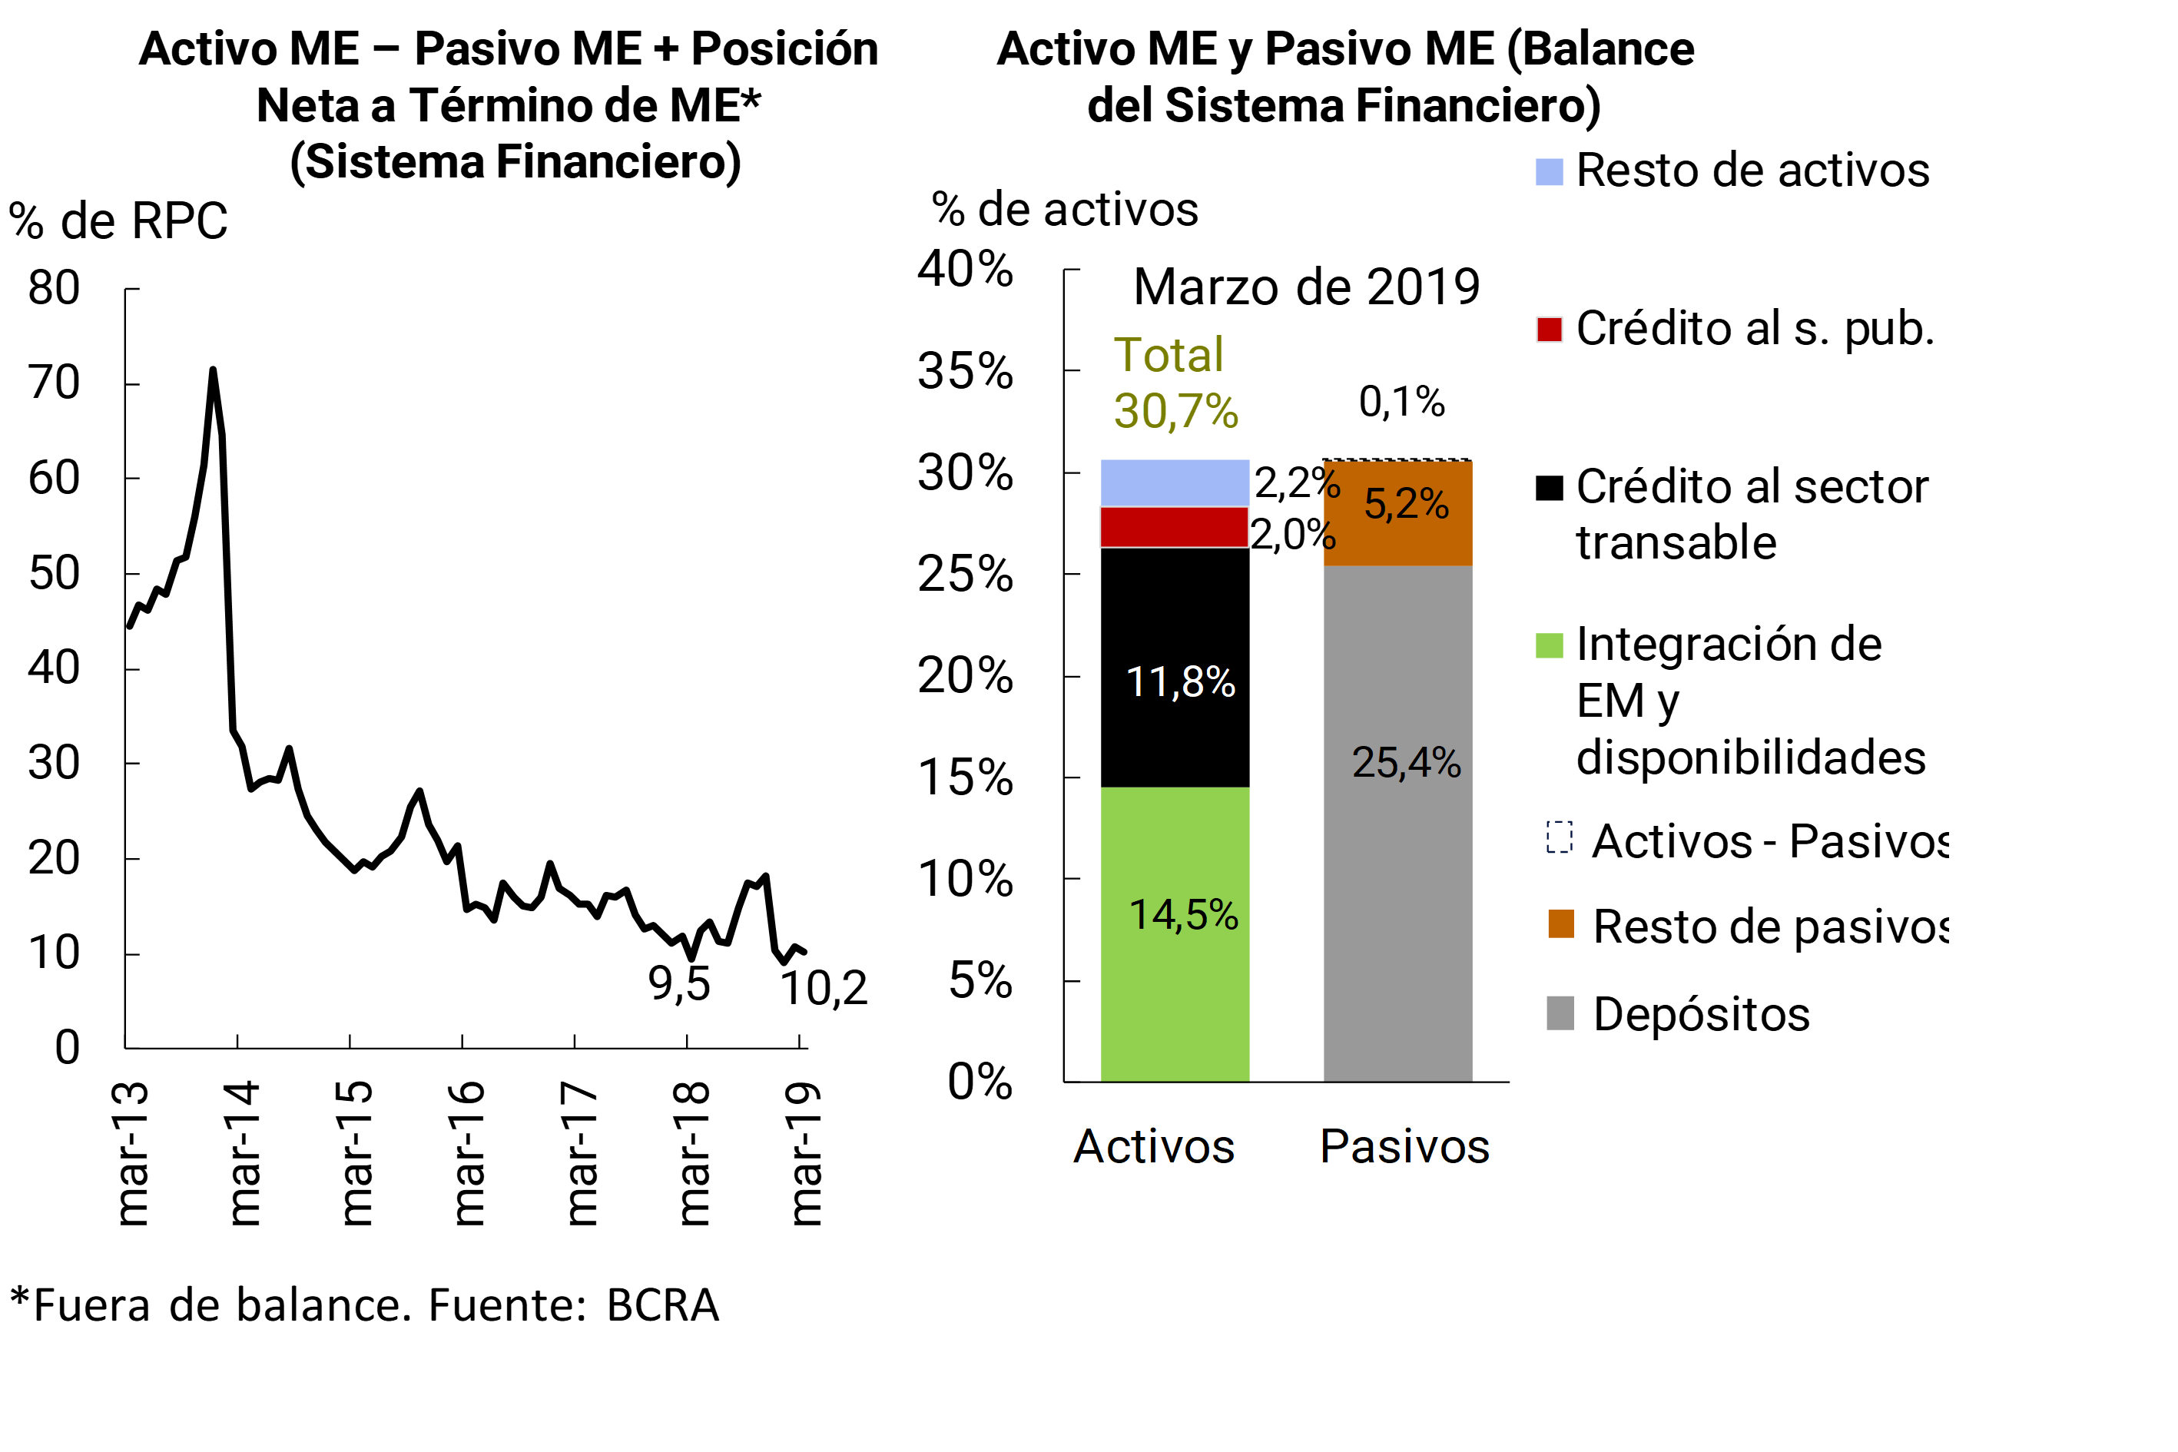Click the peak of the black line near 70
click(213, 370)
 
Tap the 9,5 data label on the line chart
click(679, 984)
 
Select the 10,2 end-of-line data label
click(824, 988)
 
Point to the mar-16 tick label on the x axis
click(469, 1154)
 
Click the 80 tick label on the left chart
click(54, 288)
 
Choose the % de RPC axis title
click(118, 221)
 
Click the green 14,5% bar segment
click(1174, 933)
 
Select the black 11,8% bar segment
click(1174, 667)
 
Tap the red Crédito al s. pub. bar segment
click(1174, 527)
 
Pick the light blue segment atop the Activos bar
click(1174, 482)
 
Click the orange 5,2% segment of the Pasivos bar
click(1397, 513)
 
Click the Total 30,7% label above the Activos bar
click(1174, 383)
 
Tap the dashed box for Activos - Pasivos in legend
click(1560, 838)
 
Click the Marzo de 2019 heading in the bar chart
click(1306, 287)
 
